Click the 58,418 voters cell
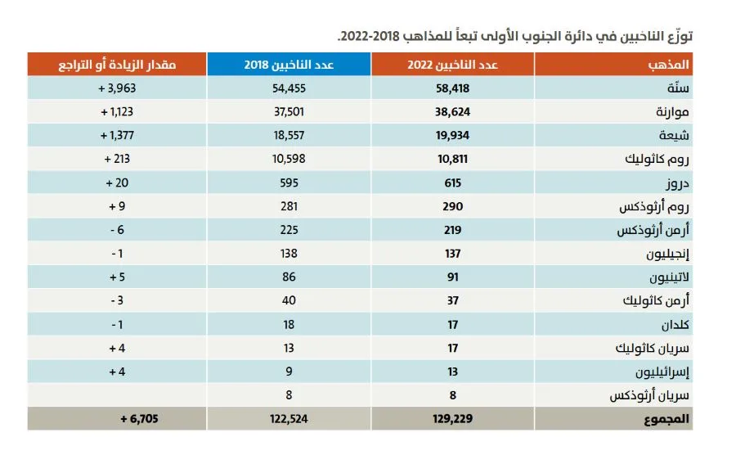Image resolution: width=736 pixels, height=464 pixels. click(452, 88)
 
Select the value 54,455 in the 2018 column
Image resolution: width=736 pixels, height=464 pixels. click(289, 88)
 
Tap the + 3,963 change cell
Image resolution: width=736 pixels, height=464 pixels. click(117, 88)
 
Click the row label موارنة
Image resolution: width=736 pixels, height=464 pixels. click(672, 112)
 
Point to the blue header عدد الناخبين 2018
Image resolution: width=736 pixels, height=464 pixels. click(289, 65)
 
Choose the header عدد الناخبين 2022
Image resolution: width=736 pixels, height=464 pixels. click(452, 65)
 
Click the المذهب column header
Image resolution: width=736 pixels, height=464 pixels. click(668, 65)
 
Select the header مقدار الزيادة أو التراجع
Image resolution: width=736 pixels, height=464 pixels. click(117, 65)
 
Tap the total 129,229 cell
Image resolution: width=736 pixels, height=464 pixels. click(452, 419)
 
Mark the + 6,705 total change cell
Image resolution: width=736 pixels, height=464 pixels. click(139, 419)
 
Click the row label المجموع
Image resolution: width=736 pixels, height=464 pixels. click(666, 419)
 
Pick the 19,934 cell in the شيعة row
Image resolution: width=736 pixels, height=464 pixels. click(452, 136)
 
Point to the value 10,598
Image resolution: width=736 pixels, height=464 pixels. click(289, 160)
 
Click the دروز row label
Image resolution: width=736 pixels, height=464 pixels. click(677, 183)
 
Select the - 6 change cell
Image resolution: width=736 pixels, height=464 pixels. click(117, 230)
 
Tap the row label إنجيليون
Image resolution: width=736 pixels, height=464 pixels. click(667, 254)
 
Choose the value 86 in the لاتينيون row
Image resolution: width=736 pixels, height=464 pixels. click(289, 277)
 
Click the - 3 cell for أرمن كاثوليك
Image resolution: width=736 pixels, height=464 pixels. click(117, 300)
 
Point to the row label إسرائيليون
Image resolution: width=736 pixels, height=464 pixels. click(662, 372)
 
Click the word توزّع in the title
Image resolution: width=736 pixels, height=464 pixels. click(680, 36)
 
